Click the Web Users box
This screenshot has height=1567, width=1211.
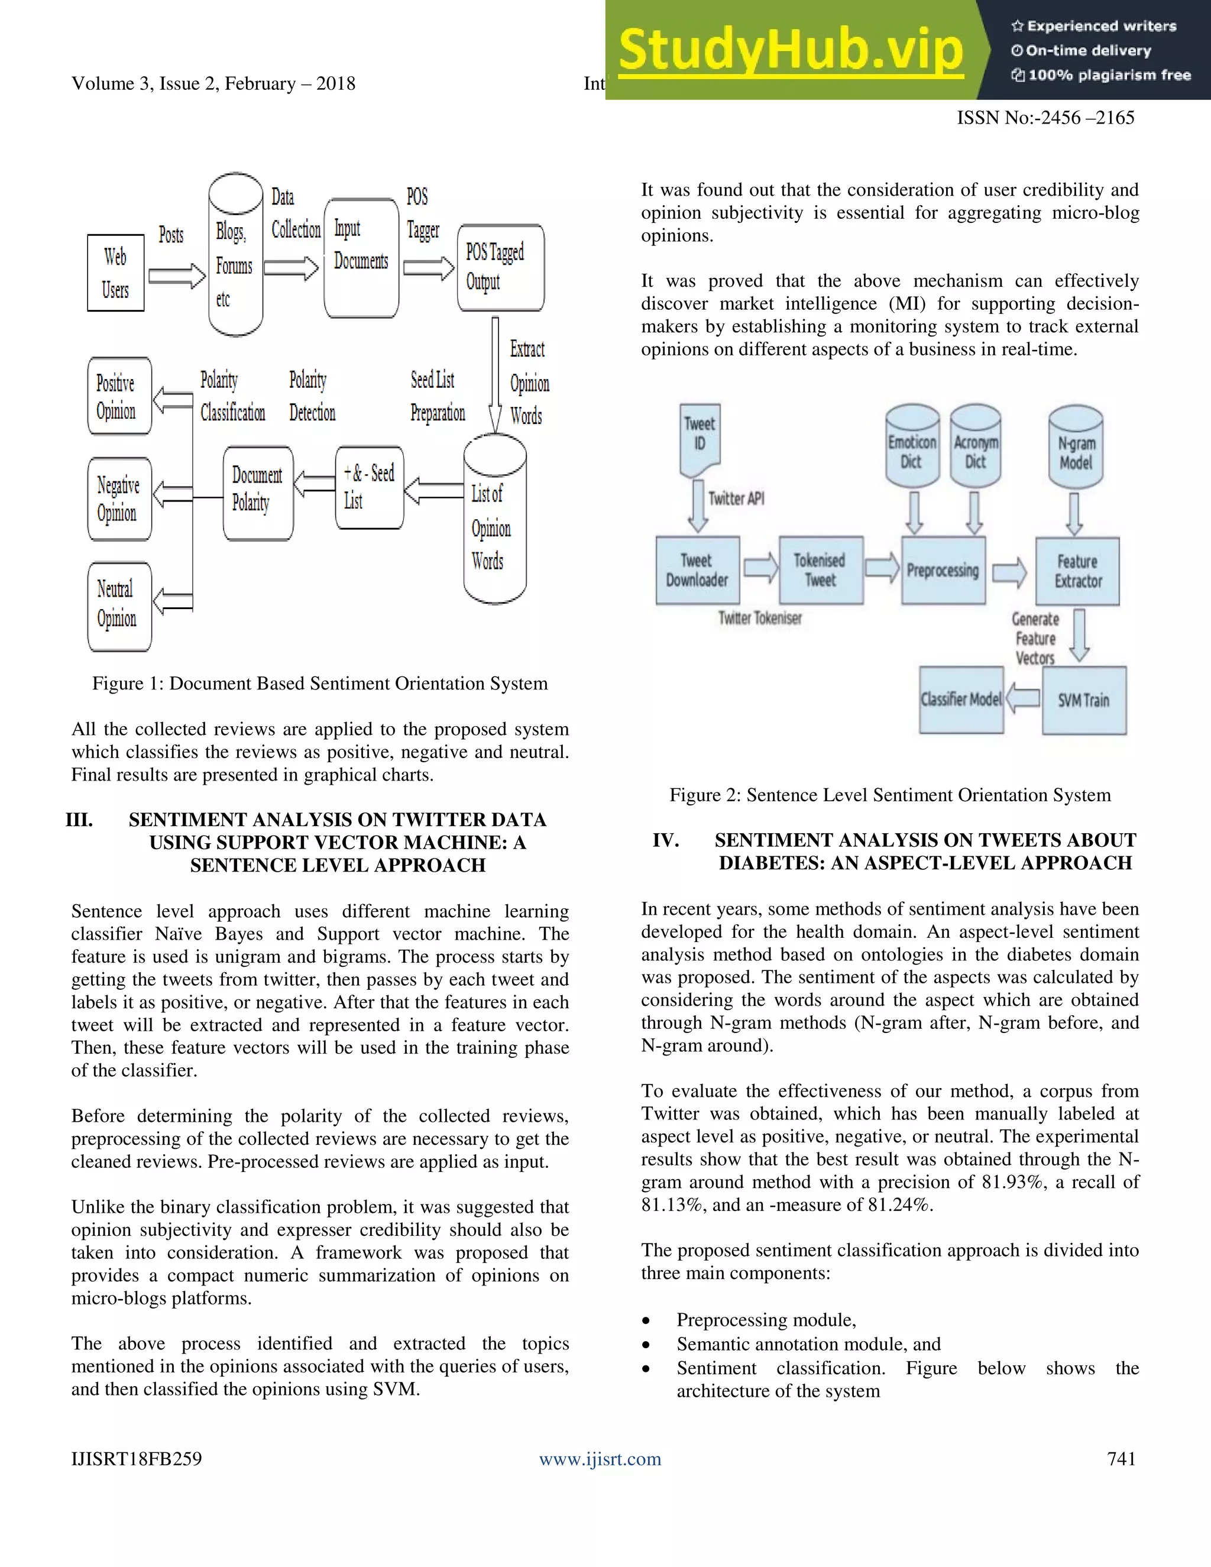coord(115,273)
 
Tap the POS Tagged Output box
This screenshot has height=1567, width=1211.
coord(500,268)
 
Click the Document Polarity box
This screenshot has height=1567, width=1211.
coord(258,493)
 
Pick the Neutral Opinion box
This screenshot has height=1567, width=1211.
coord(119,606)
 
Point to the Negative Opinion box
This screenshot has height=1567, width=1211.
coord(119,498)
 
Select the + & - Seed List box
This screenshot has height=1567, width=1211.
coord(369,488)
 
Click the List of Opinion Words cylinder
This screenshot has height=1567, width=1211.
coord(494,527)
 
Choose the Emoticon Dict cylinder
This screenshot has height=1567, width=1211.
coord(912,448)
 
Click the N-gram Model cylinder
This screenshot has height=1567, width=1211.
coord(1076,448)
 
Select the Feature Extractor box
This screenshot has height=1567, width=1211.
coord(1077,571)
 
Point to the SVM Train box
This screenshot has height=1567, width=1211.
coord(1083,700)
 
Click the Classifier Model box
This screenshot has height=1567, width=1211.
coord(961,700)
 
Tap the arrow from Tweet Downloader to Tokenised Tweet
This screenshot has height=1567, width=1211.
coord(760,568)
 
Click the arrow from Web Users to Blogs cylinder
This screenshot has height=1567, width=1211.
coord(176,276)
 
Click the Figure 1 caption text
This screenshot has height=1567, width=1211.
coord(320,684)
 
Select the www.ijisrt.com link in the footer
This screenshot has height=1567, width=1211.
coord(600,1459)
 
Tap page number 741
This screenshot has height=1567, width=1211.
coord(1121,1459)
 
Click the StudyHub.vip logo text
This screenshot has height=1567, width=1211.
coord(790,50)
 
